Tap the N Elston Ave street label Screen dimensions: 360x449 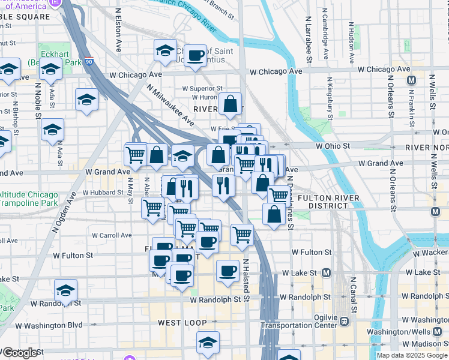pyautogui.click(x=118, y=29)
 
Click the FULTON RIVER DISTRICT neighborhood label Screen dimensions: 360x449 pyautogui.click(x=328, y=202)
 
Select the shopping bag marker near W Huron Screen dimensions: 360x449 pyautogui.click(x=231, y=104)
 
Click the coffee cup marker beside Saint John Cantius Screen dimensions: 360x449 pyautogui.click(x=194, y=56)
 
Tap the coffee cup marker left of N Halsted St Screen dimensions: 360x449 pyautogui.click(x=227, y=271)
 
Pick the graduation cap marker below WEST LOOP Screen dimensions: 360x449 pyautogui.click(x=208, y=343)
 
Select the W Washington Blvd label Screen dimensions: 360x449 pyautogui.click(x=49, y=326)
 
